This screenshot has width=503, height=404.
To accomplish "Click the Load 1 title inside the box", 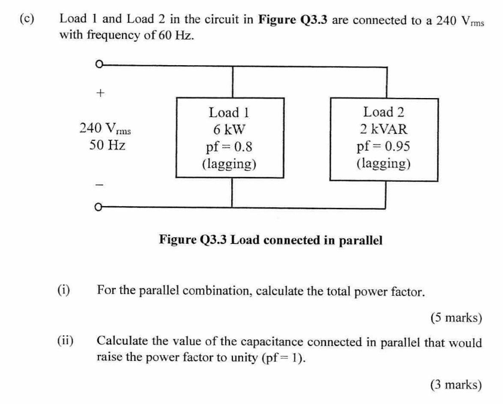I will (228, 112).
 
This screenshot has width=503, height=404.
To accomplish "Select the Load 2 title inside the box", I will (383, 112).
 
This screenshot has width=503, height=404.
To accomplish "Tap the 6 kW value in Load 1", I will (228, 130).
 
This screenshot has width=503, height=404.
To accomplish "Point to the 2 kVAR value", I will (383, 129).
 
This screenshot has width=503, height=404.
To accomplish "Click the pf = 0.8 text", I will (228, 146).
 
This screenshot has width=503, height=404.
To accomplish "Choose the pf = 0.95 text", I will (383, 146).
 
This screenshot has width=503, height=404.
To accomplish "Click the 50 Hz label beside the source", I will (107, 145).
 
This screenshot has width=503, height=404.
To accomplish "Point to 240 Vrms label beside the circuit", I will (105, 128).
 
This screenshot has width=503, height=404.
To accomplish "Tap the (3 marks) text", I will (456, 385).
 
